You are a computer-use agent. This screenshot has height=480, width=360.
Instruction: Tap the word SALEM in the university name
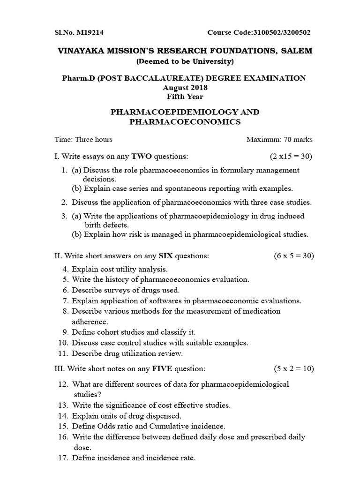click(x=294, y=51)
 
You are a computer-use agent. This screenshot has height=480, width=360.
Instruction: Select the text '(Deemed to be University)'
click(x=184, y=61)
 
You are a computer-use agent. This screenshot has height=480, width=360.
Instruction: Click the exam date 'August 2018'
click(x=184, y=88)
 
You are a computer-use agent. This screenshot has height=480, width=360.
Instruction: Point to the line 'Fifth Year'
click(x=184, y=97)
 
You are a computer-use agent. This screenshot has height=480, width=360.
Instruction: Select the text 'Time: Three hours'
click(x=83, y=139)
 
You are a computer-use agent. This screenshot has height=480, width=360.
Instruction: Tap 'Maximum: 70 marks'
click(x=279, y=139)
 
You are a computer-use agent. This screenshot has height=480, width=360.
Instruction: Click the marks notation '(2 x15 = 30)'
click(x=291, y=156)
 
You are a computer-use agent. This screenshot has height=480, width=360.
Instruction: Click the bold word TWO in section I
click(x=142, y=156)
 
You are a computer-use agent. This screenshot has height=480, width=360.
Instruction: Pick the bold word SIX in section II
click(x=167, y=255)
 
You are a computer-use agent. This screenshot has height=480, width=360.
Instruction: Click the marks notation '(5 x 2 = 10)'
click(x=294, y=369)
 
